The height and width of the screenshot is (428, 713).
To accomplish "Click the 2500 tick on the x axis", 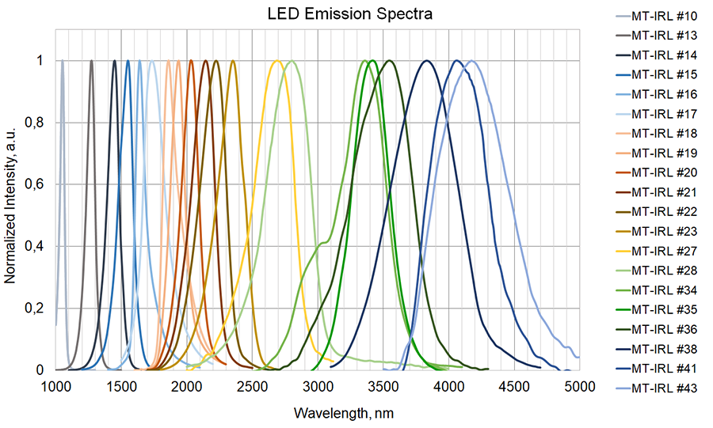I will tap(253, 387).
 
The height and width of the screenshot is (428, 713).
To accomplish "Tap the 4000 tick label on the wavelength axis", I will tap(449, 387).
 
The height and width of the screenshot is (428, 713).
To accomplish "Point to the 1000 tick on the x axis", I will tap(55, 387).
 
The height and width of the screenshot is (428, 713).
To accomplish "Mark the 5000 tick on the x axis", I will tap(580, 387).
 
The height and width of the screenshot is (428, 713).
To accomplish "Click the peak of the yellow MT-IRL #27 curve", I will tap(277, 61).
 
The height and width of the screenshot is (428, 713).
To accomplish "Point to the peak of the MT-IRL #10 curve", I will tap(62, 61).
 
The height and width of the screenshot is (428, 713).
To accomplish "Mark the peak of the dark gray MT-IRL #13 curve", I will tap(91, 61).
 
